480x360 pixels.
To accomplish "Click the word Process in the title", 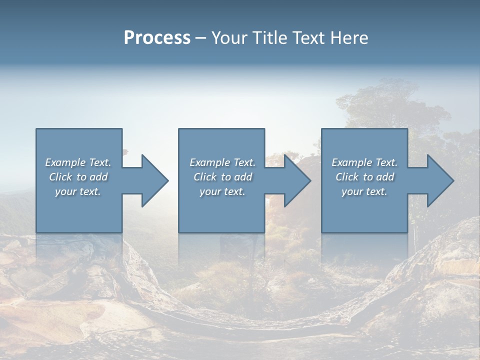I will click(x=157, y=38).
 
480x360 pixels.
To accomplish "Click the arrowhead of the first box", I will click(x=153, y=180).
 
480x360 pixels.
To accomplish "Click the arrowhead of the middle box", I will click(x=295, y=180).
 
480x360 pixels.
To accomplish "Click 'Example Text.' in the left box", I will click(x=78, y=162).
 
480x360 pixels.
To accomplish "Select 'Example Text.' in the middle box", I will click(x=222, y=162).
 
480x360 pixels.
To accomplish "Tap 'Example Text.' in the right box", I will click(x=364, y=162).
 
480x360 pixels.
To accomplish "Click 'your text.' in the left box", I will click(x=78, y=191).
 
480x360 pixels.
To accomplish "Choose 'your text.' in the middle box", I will click(x=222, y=191).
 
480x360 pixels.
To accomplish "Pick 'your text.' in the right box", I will click(x=364, y=191).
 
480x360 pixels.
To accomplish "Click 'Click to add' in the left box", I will click(x=78, y=177).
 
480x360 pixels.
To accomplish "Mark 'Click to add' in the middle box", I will click(x=222, y=177).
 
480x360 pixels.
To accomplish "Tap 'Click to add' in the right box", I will click(x=364, y=177).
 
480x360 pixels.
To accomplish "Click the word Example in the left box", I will click(x=65, y=162).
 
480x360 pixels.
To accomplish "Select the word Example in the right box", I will click(x=351, y=162).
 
